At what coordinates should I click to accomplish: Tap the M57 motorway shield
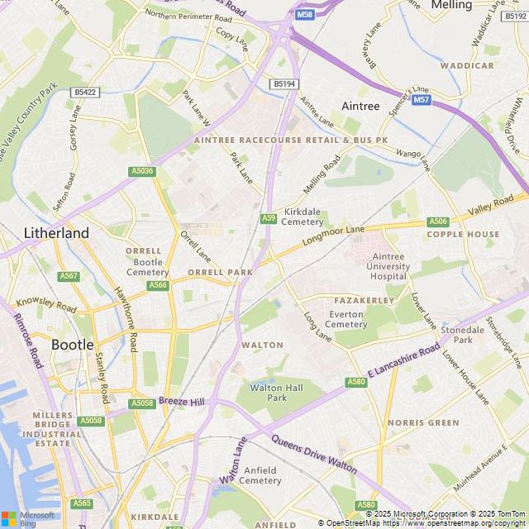[x=422, y=100]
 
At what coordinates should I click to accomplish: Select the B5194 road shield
[x=284, y=84]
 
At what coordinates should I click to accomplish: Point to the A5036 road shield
[x=142, y=171]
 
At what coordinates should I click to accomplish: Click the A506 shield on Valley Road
[x=438, y=222]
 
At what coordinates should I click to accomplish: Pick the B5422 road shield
[x=84, y=93]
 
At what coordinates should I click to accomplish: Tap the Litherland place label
[x=56, y=233]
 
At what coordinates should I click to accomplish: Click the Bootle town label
[x=72, y=344]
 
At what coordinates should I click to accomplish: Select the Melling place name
[x=451, y=5]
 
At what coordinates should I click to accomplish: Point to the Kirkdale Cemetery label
[x=302, y=216]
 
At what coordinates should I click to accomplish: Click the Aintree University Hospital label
[x=390, y=266]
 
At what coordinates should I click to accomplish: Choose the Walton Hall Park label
[x=277, y=393]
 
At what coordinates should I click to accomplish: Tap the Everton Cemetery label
[x=346, y=319]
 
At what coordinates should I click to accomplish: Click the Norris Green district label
[x=423, y=422]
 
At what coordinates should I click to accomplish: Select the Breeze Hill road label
[x=181, y=401]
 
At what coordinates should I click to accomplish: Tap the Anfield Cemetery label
[x=260, y=475]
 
